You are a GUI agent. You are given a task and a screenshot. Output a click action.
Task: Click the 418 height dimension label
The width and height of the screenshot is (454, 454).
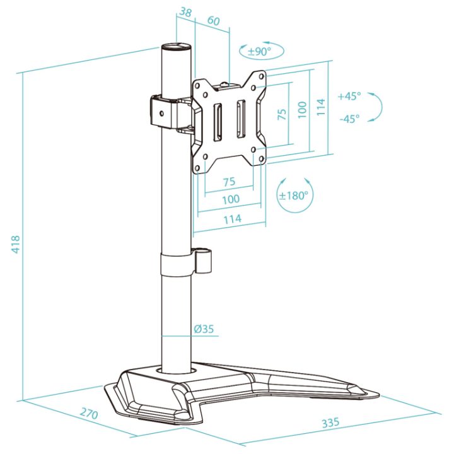pos(15,245)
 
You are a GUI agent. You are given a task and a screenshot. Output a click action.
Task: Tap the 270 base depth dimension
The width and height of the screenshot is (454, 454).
pos(89,413)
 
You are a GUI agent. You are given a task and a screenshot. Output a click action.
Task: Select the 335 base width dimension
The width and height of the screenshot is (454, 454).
pos(330,422)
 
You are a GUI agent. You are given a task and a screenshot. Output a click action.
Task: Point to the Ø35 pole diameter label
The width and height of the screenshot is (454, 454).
pos(204,329)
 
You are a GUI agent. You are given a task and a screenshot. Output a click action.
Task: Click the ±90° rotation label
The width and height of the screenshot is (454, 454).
pos(260,52)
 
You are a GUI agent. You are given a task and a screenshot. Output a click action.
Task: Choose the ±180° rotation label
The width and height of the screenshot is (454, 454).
pos(293,195)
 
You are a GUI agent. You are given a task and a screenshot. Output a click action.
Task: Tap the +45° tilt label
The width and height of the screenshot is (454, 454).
pos(349,96)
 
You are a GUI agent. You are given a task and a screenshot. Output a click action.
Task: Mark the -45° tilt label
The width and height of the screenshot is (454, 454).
pos(349,119)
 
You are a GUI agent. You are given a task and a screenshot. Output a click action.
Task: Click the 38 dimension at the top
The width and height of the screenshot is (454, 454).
pos(185,13)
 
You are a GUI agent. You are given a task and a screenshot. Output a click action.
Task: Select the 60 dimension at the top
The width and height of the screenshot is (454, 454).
pos(213,21)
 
